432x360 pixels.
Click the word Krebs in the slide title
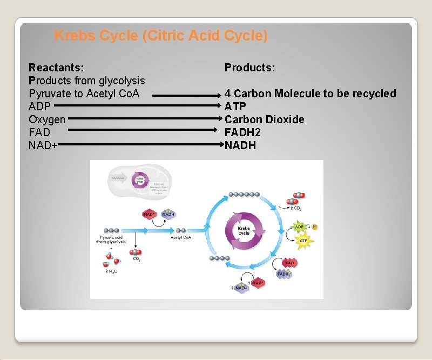pyautogui.click(x=76, y=36)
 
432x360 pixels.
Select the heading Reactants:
pyautogui.click(x=56, y=68)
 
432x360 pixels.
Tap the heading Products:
pyautogui.click(x=250, y=68)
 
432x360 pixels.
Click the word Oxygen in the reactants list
pyautogui.click(x=47, y=119)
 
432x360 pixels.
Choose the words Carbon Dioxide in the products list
pyautogui.click(x=265, y=119)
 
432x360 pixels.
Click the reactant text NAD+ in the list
pyautogui.click(x=43, y=145)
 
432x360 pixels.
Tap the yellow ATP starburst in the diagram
pyautogui.click(x=303, y=240)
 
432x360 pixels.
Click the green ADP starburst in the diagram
pyautogui.click(x=299, y=226)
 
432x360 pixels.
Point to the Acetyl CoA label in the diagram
pyautogui.click(x=180, y=237)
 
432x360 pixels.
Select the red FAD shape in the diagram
pyautogui.click(x=289, y=263)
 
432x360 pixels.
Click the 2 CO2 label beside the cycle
pyautogui.click(x=296, y=208)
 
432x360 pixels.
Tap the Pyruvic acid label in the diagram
pyautogui.click(x=113, y=238)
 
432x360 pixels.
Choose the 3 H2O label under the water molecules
pyautogui.click(x=112, y=271)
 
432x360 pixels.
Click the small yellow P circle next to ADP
pyautogui.click(x=315, y=227)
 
